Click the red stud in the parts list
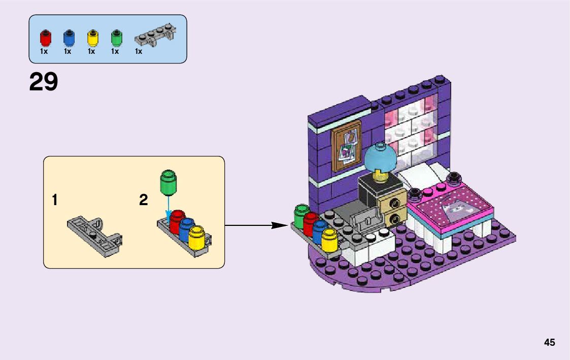click(45, 38)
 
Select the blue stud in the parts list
click(69, 38)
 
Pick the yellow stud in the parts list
click(92, 38)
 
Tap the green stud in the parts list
click(116, 38)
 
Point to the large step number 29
click(44, 82)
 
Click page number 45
click(549, 343)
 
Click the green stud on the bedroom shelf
click(301, 216)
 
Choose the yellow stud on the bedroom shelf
click(330, 241)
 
